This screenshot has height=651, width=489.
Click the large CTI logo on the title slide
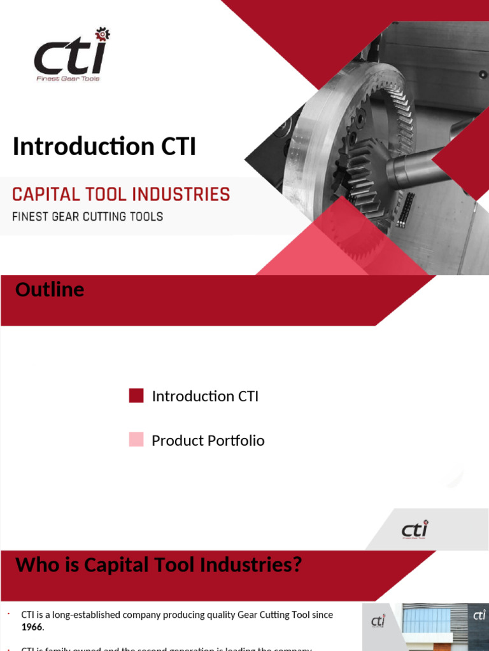(70, 56)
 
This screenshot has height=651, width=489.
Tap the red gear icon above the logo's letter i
(102, 34)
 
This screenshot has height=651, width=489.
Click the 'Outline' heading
(50, 290)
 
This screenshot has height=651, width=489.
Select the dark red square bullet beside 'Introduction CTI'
(136, 396)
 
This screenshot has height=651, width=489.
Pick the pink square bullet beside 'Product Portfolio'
(136, 440)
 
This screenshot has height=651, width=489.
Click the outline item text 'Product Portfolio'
(208, 441)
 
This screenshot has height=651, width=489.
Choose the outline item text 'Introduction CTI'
(205, 396)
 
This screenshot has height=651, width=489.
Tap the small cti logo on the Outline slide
(415, 530)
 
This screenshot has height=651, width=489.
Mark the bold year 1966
(32, 627)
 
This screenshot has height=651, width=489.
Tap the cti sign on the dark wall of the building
(479, 615)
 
